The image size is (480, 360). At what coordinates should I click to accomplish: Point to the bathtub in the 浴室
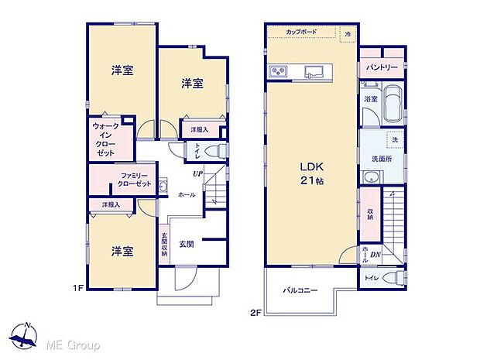[392, 105]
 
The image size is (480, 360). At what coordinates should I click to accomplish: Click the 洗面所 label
[382, 159]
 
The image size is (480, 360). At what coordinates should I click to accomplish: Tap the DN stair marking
[375, 254]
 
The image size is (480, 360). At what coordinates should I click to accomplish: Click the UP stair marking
[198, 173]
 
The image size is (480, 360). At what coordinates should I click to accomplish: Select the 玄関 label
[187, 245]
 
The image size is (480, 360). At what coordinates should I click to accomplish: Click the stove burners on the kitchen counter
[277, 72]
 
